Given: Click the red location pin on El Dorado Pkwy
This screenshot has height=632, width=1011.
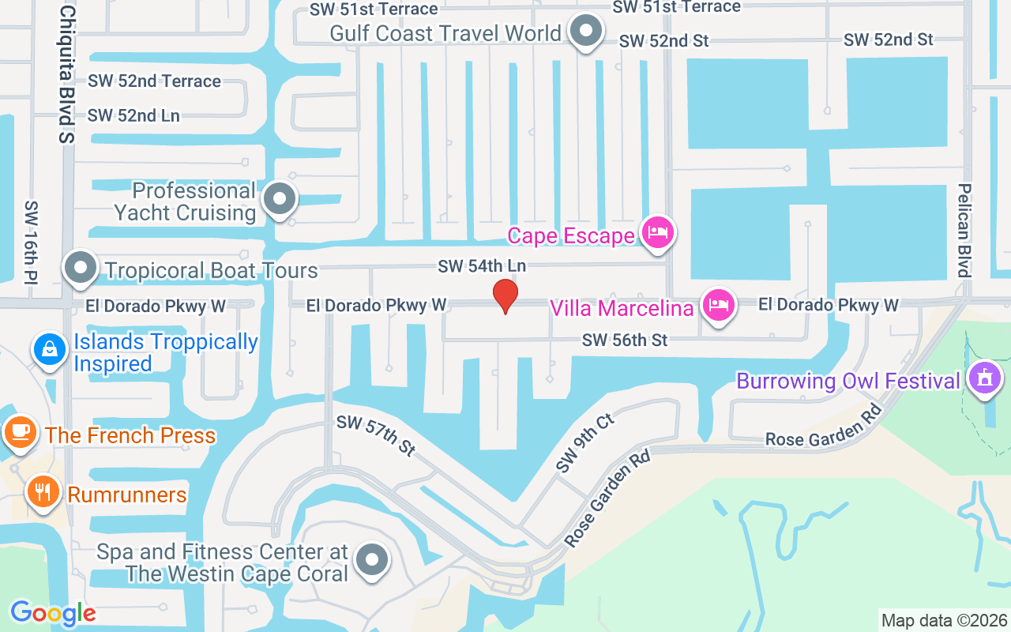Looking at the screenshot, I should [x=505, y=295].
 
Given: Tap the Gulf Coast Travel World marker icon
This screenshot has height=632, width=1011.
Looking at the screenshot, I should [x=586, y=32].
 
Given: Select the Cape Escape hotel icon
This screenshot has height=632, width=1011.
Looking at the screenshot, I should [x=657, y=232].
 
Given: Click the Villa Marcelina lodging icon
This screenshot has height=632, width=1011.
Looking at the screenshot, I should [x=717, y=305].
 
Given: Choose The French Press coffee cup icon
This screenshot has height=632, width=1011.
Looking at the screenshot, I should [x=21, y=432].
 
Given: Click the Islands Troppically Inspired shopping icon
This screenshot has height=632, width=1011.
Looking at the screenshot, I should [x=50, y=348].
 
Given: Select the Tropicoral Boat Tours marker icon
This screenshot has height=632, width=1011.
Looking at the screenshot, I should [x=80, y=269].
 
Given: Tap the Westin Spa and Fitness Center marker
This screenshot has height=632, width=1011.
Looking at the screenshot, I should [x=372, y=560].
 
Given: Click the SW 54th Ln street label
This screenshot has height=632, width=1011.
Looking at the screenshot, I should [x=482, y=266].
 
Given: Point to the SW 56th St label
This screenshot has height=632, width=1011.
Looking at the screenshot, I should [x=625, y=340].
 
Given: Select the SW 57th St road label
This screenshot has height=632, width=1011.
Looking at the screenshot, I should [x=376, y=435].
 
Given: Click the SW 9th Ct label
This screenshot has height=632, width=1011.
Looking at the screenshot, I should [x=584, y=442].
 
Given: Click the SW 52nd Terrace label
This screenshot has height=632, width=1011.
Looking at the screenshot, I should [x=154, y=81].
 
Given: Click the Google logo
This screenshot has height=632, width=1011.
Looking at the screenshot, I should [x=53, y=613].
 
